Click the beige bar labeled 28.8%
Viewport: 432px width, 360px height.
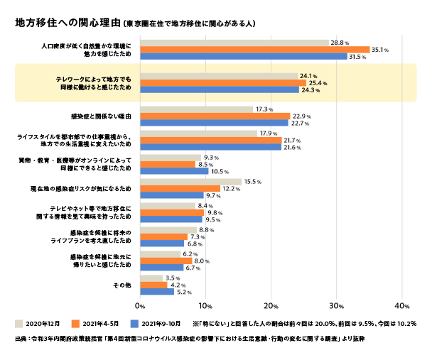point(234,43)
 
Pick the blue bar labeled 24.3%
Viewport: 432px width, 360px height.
point(220,90)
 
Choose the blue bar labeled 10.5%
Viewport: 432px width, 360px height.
point(174,171)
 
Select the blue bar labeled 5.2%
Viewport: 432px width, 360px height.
point(157,291)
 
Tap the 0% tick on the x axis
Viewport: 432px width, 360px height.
point(140,306)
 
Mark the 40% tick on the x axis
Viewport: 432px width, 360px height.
point(400,306)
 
